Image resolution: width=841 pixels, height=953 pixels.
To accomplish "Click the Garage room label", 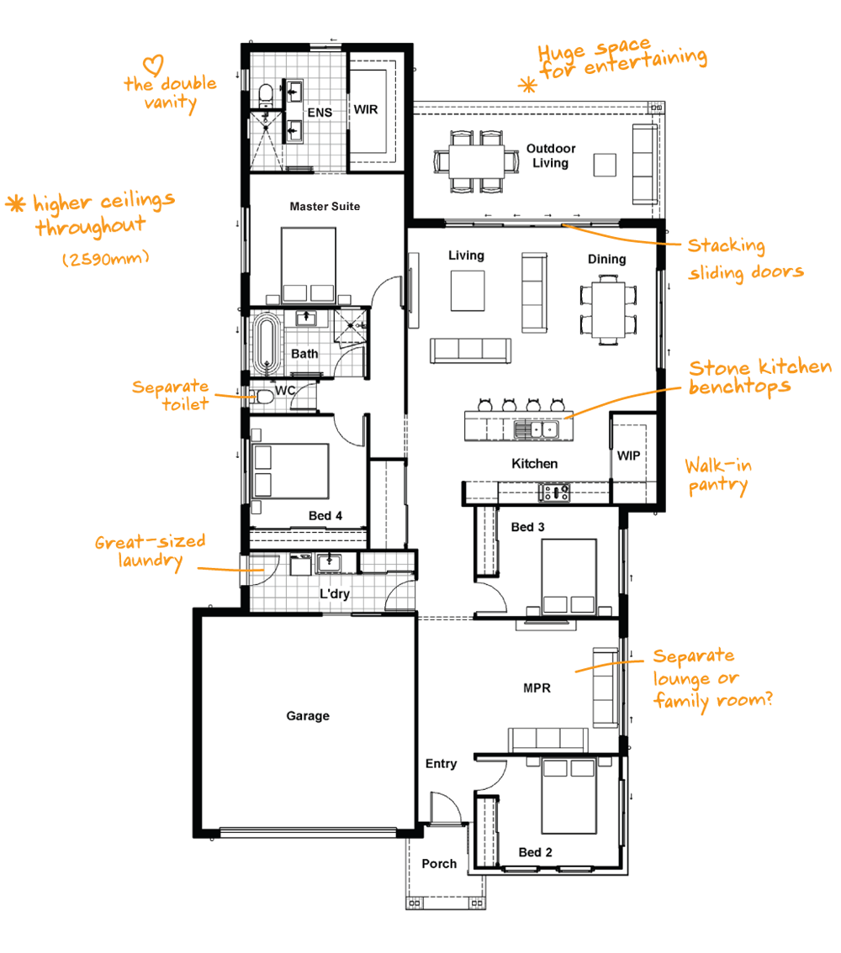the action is click(x=308, y=716).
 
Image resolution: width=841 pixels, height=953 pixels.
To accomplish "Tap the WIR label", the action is click(x=366, y=109).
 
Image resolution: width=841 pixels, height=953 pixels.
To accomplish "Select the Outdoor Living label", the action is click(x=551, y=155).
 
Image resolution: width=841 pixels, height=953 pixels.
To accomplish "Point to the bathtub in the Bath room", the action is click(x=266, y=344).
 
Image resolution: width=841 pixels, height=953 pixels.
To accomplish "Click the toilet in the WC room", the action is click(x=262, y=398).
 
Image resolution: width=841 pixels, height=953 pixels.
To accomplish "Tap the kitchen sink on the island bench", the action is click(x=536, y=429).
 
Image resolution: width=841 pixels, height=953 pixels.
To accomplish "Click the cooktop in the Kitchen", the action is click(x=554, y=492).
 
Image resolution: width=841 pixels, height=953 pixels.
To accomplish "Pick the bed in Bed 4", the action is click(x=290, y=471).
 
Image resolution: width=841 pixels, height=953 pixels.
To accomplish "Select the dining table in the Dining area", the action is click(x=609, y=310).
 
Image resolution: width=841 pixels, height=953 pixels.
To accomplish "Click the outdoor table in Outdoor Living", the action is click(x=477, y=161).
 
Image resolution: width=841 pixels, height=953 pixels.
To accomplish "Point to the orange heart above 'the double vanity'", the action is click(x=153, y=66).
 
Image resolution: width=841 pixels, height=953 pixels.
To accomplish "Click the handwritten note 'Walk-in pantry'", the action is click(x=717, y=476).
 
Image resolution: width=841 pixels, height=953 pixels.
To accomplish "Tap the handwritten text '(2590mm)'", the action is click(x=106, y=258).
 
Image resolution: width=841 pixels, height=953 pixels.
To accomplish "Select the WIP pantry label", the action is click(x=628, y=455).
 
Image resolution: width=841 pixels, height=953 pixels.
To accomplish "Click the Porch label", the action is click(x=439, y=864).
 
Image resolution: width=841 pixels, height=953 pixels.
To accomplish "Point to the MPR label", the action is click(x=537, y=688).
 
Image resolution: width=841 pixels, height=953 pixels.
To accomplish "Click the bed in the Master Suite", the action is click(x=309, y=265).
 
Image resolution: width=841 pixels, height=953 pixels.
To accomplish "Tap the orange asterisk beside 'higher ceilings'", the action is click(x=15, y=203).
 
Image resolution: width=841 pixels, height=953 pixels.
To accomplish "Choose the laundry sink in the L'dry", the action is click(x=329, y=562).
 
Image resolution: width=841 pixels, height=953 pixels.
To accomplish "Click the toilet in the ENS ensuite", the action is click(x=266, y=96).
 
